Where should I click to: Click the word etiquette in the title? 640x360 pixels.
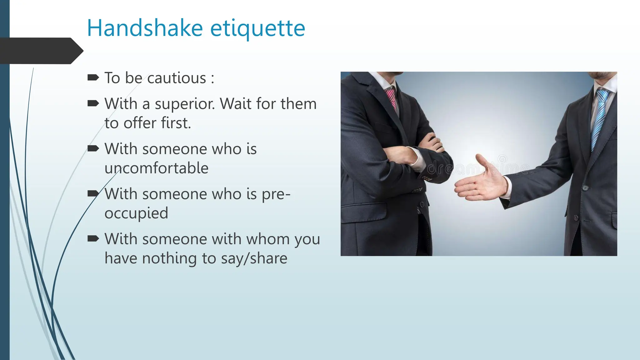point(257,28)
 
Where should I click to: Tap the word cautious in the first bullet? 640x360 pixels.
point(177,78)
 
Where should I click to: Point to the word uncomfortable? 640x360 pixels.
point(156,168)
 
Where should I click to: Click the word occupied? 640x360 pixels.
point(136,213)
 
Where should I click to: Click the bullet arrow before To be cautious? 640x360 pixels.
point(93,77)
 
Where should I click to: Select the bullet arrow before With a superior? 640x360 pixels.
point(93,103)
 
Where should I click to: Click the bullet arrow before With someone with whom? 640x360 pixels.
point(93,239)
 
